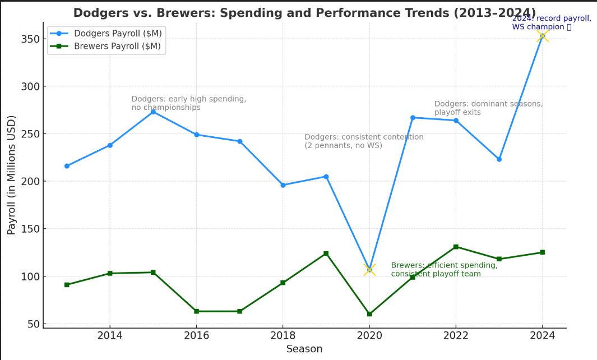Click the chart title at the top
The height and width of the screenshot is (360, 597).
tap(304, 13)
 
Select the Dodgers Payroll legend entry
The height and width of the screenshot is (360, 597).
tap(105, 34)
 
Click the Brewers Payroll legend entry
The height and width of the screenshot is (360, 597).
tap(105, 47)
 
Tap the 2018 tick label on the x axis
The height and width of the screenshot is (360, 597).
tap(283, 335)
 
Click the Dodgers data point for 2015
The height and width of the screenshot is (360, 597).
tap(153, 112)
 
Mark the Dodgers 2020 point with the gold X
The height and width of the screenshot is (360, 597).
tap(369, 270)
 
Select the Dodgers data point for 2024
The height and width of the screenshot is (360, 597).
tap(542, 36)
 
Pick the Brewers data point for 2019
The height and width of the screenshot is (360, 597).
tap(326, 253)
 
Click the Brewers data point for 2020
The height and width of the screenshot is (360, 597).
tap(369, 314)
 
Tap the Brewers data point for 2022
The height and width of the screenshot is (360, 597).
tap(456, 247)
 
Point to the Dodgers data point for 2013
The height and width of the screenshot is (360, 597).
tap(67, 166)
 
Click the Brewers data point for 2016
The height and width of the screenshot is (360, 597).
tap(196, 311)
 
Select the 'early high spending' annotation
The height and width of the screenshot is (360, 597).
tap(188, 103)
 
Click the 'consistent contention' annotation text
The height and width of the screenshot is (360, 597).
tap(364, 141)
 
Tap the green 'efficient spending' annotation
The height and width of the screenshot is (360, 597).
tap(444, 269)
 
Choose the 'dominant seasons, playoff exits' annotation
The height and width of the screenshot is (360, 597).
tap(488, 108)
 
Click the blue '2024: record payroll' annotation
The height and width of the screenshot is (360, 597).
tap(551, 22)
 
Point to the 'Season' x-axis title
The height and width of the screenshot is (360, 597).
tap(304, 349)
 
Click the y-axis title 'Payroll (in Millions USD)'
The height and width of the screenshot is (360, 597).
tap(12, 174)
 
